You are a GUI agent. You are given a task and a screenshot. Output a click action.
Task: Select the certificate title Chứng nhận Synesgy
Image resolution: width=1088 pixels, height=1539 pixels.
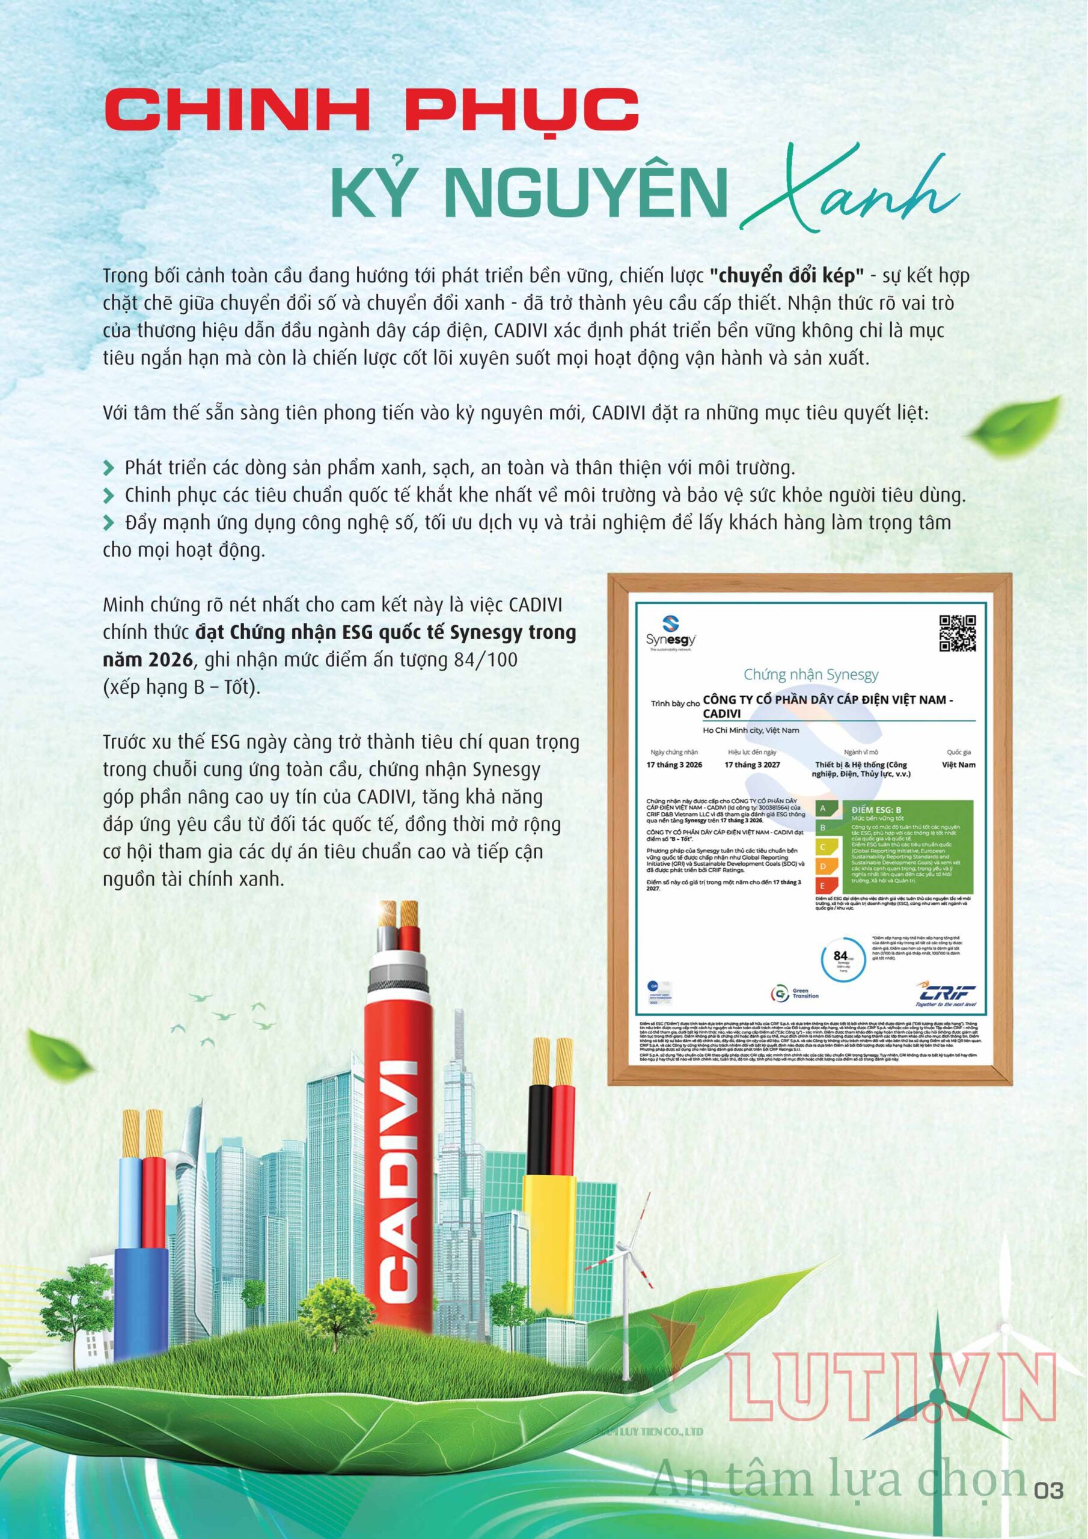(x=810, y=675)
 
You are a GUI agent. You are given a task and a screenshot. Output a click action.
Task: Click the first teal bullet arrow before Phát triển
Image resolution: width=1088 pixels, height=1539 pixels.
(x=110, y=467)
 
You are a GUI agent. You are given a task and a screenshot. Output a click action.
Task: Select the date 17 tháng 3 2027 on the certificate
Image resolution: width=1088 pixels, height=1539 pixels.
(x=752, y=765)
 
